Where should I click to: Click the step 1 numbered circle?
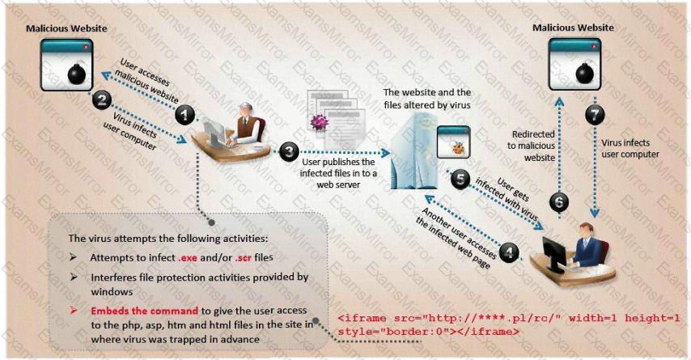click(x=184, y=115)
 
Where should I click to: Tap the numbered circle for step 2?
click(x=102, y=100)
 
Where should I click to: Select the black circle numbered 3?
click(x=289, y=151)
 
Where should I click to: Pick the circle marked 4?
click(x=510, y=252)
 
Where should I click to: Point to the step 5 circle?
click(x=460, y=180)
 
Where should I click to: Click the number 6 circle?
click(x=559, y=202)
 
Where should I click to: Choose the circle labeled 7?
click(x=595, y=115)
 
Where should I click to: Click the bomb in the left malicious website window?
click(x=77, y=74)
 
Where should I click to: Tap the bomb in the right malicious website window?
click(x=585, y=72)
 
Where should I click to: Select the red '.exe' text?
click(x=188, y=258)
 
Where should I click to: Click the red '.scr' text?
click(x=244, y=258)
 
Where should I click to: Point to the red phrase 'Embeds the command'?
click(x=145, y=311)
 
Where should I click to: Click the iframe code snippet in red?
click(x=509, y=324)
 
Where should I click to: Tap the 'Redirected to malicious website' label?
click(x=531, y=146)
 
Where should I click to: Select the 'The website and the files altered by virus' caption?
click(x=427, y=99)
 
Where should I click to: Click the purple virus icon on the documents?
click(x=319, y=122)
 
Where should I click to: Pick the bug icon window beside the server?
click(x=453, y=142)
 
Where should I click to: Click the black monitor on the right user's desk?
click(x=554, y=254)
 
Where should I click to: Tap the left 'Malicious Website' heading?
click(x=66, y=28)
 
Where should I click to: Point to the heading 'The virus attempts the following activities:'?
click(x=168, y=239)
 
